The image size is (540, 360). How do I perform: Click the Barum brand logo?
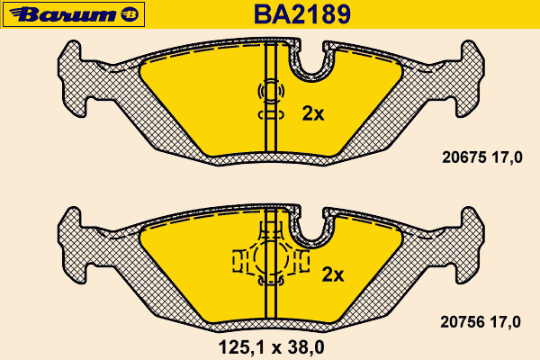click(74, 14)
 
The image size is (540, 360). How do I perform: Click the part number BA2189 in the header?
click(302, 14)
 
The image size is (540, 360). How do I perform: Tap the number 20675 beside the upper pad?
click(463, 157)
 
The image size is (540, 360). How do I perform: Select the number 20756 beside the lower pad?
click(463, 322)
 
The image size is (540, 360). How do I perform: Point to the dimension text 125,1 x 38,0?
click(272, 347)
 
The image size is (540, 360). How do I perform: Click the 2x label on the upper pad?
click(313, 113)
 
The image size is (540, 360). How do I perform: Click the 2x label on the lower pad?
click(333, 274)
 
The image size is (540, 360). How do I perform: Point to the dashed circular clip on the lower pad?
click(271, 256)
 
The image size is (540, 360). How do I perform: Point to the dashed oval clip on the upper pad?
click(271, 91)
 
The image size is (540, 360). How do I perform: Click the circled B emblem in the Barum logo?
click(130, 14)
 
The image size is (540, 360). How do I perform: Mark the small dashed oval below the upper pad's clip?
click(271, 115)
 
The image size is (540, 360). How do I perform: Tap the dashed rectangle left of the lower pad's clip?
click(239, 261)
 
